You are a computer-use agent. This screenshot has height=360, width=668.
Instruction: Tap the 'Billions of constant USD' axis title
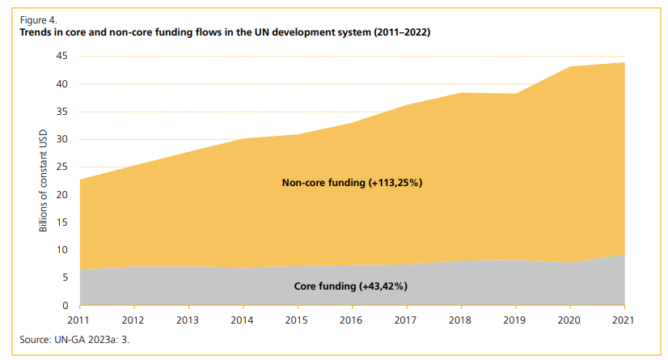(44, 180)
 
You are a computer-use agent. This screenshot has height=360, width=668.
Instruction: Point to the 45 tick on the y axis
(61, 56)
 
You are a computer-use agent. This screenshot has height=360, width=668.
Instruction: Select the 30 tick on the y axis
(61, 139)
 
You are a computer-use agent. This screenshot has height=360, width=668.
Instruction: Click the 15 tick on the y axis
(61, 222)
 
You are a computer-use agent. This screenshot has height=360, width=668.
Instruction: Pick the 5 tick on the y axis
(64, 277)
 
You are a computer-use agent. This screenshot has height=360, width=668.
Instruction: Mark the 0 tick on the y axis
(64, 306)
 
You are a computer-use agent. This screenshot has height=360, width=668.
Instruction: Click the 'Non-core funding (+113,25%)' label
(353, 183)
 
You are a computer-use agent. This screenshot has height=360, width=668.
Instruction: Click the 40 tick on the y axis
(61, 84)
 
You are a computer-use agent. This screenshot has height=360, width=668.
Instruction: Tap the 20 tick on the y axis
(61, 195)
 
